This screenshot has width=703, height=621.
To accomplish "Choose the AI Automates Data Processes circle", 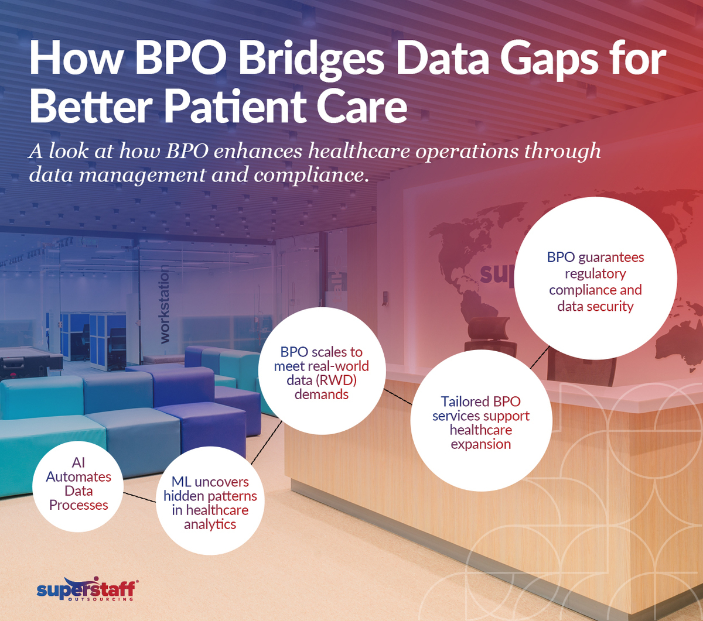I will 79,483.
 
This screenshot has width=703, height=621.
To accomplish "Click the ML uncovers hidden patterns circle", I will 210,503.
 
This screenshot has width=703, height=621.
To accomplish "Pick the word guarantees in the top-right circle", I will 610,257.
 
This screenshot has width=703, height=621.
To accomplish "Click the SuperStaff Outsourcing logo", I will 87,590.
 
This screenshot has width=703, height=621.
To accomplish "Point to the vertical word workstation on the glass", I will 165,304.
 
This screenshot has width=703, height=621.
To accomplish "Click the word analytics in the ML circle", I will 210,524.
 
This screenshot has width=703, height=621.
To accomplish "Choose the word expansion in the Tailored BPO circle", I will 480,444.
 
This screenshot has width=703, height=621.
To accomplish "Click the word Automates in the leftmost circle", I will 79,476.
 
